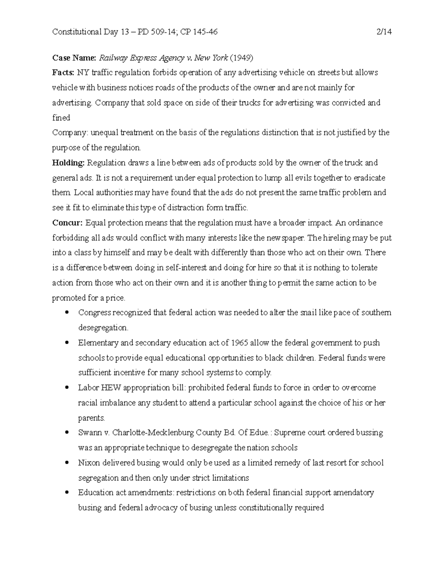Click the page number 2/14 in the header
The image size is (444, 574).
coord(384,32)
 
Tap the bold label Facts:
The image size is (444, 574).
coord(63,72)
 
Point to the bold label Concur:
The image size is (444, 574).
coord(67,223)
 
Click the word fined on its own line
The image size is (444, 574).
coord(61,118)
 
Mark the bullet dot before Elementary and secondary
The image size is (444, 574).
coord(67,343)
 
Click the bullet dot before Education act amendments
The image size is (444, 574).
coord(67,493)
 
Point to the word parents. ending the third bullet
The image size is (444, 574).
coord(91,418)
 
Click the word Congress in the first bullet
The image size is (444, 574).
coord(94,313)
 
